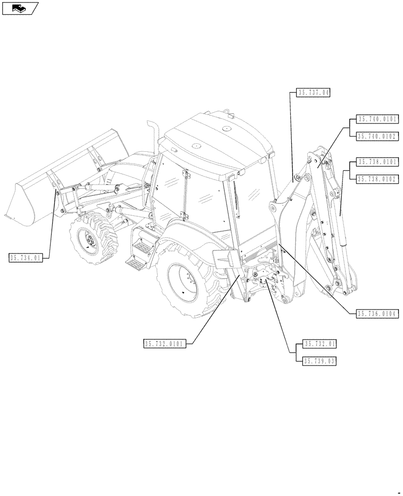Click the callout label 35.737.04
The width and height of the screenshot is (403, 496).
tap(314, 92)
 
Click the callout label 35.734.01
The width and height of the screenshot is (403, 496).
tap(26, 257)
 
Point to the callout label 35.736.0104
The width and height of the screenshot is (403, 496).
tap(377, 313)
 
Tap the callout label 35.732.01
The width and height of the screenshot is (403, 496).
tap(320, 344)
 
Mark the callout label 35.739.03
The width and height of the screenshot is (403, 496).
tap(320, 361)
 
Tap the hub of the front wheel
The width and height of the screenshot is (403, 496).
tap(90, 243)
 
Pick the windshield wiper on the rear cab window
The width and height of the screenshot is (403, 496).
tap(238, 198)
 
